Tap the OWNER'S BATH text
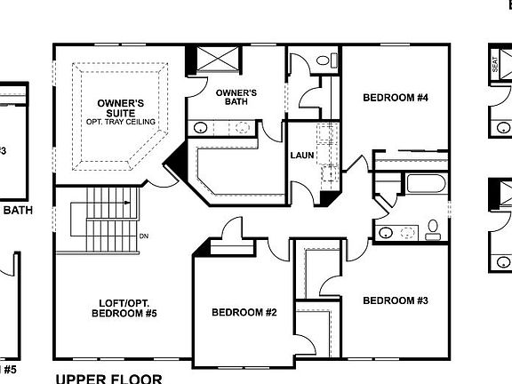[236, 97]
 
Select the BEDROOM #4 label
[396, 97]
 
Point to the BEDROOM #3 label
[396, 300]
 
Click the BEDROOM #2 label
[244, 313]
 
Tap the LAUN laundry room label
[302, 156]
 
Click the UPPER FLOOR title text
[108, 378]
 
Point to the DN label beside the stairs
[144, 236]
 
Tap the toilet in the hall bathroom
[433, 231]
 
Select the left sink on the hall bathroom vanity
[386, 233]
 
